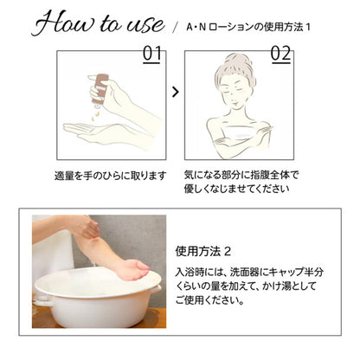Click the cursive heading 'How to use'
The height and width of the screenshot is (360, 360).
98,23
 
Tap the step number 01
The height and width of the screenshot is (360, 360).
151,55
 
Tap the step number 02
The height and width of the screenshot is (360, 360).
280,55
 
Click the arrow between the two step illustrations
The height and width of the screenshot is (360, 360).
176,92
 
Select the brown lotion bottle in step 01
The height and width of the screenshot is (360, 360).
100,88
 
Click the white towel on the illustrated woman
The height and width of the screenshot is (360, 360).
240,133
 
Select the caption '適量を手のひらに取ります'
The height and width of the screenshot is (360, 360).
111,176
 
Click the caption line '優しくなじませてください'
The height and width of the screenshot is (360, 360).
236,189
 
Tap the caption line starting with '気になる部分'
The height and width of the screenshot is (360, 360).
241,175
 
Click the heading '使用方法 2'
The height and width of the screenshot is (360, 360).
203,252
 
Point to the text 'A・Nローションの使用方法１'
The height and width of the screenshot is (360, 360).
248,27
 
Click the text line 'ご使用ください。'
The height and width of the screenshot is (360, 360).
210,300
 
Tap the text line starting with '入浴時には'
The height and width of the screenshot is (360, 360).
249,272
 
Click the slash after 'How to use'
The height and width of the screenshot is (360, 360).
175,28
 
